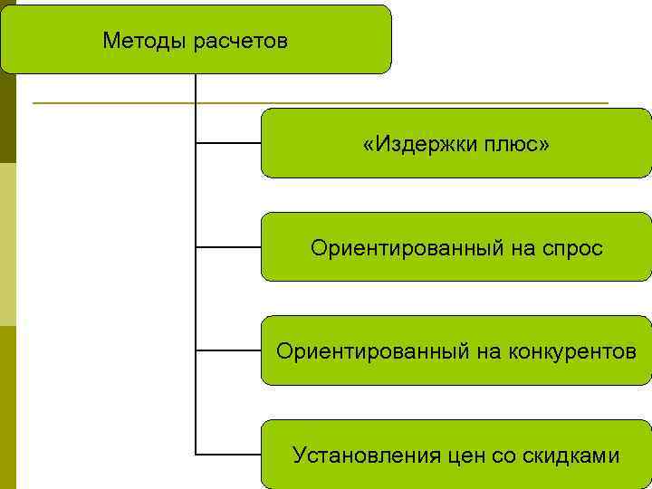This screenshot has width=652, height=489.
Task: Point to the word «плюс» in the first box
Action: (x=507, y=144)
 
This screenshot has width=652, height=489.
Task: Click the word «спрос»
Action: (x=573, y=247)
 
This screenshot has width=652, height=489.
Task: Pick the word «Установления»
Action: (x=367, y=455)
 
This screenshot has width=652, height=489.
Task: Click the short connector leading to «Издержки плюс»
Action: (x=228, y=143)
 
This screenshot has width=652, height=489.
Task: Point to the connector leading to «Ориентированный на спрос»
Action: (x=228, y=246)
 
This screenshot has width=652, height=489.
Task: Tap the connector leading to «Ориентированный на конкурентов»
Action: (x=228, y=350)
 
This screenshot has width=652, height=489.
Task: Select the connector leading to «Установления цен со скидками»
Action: (x=228, y=453)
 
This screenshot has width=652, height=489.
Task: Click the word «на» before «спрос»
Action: (x=523, y=247)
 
